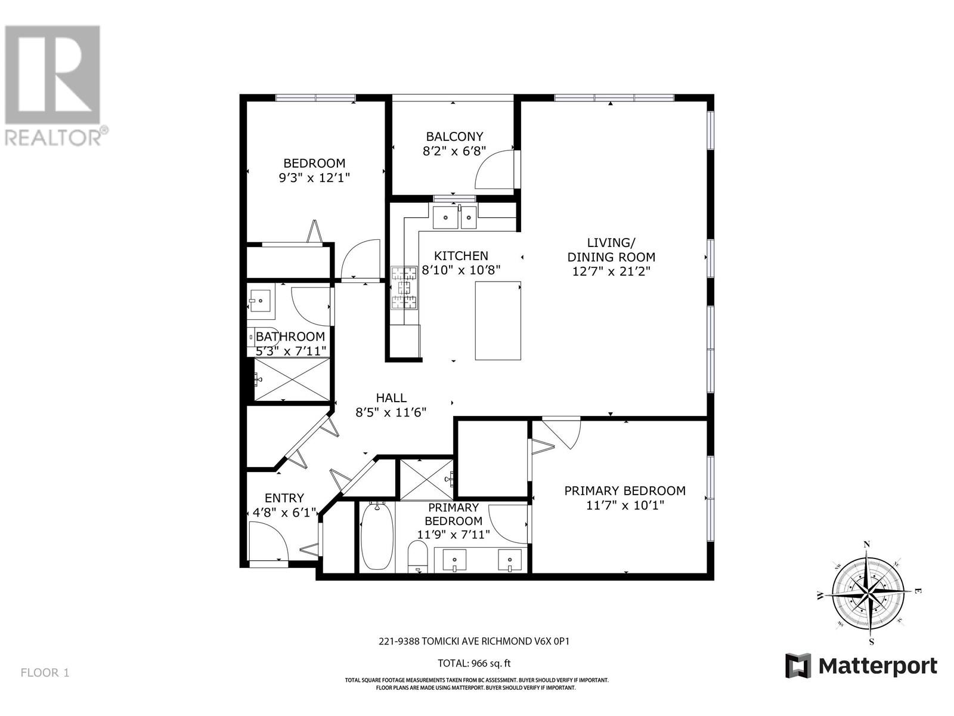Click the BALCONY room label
[x=454, y=137]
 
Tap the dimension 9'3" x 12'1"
[x=314, y=178]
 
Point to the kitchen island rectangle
[x=498, y=320]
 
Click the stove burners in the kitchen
[x=404, y=288]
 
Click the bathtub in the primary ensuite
[x=376, y=536]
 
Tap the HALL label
[x=391, y=398]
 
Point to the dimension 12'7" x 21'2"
[x=611, y=271]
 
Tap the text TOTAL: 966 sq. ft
[x=474, y=663]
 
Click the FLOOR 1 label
[x=45, y=672]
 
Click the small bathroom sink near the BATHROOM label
[x=260, y=301]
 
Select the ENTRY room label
[x=284, y=498]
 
